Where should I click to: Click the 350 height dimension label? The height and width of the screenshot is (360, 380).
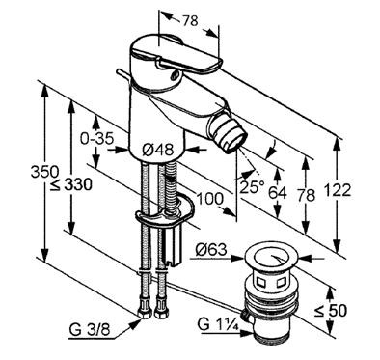[44, 172]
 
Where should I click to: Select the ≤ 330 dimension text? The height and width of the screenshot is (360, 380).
[71, 185]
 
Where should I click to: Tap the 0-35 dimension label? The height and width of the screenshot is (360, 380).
[96, 139]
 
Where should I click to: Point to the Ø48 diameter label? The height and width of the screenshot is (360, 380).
[157, 150]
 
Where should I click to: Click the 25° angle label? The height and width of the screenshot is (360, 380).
[252, 186]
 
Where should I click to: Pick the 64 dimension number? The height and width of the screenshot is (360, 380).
[278, 193]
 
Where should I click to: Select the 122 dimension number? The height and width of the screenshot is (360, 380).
[337, 190]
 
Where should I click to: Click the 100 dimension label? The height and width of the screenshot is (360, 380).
[209, 199]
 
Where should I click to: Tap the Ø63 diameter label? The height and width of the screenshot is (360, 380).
[211, 249]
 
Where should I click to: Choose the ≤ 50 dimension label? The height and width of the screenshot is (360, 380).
[331, 311]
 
